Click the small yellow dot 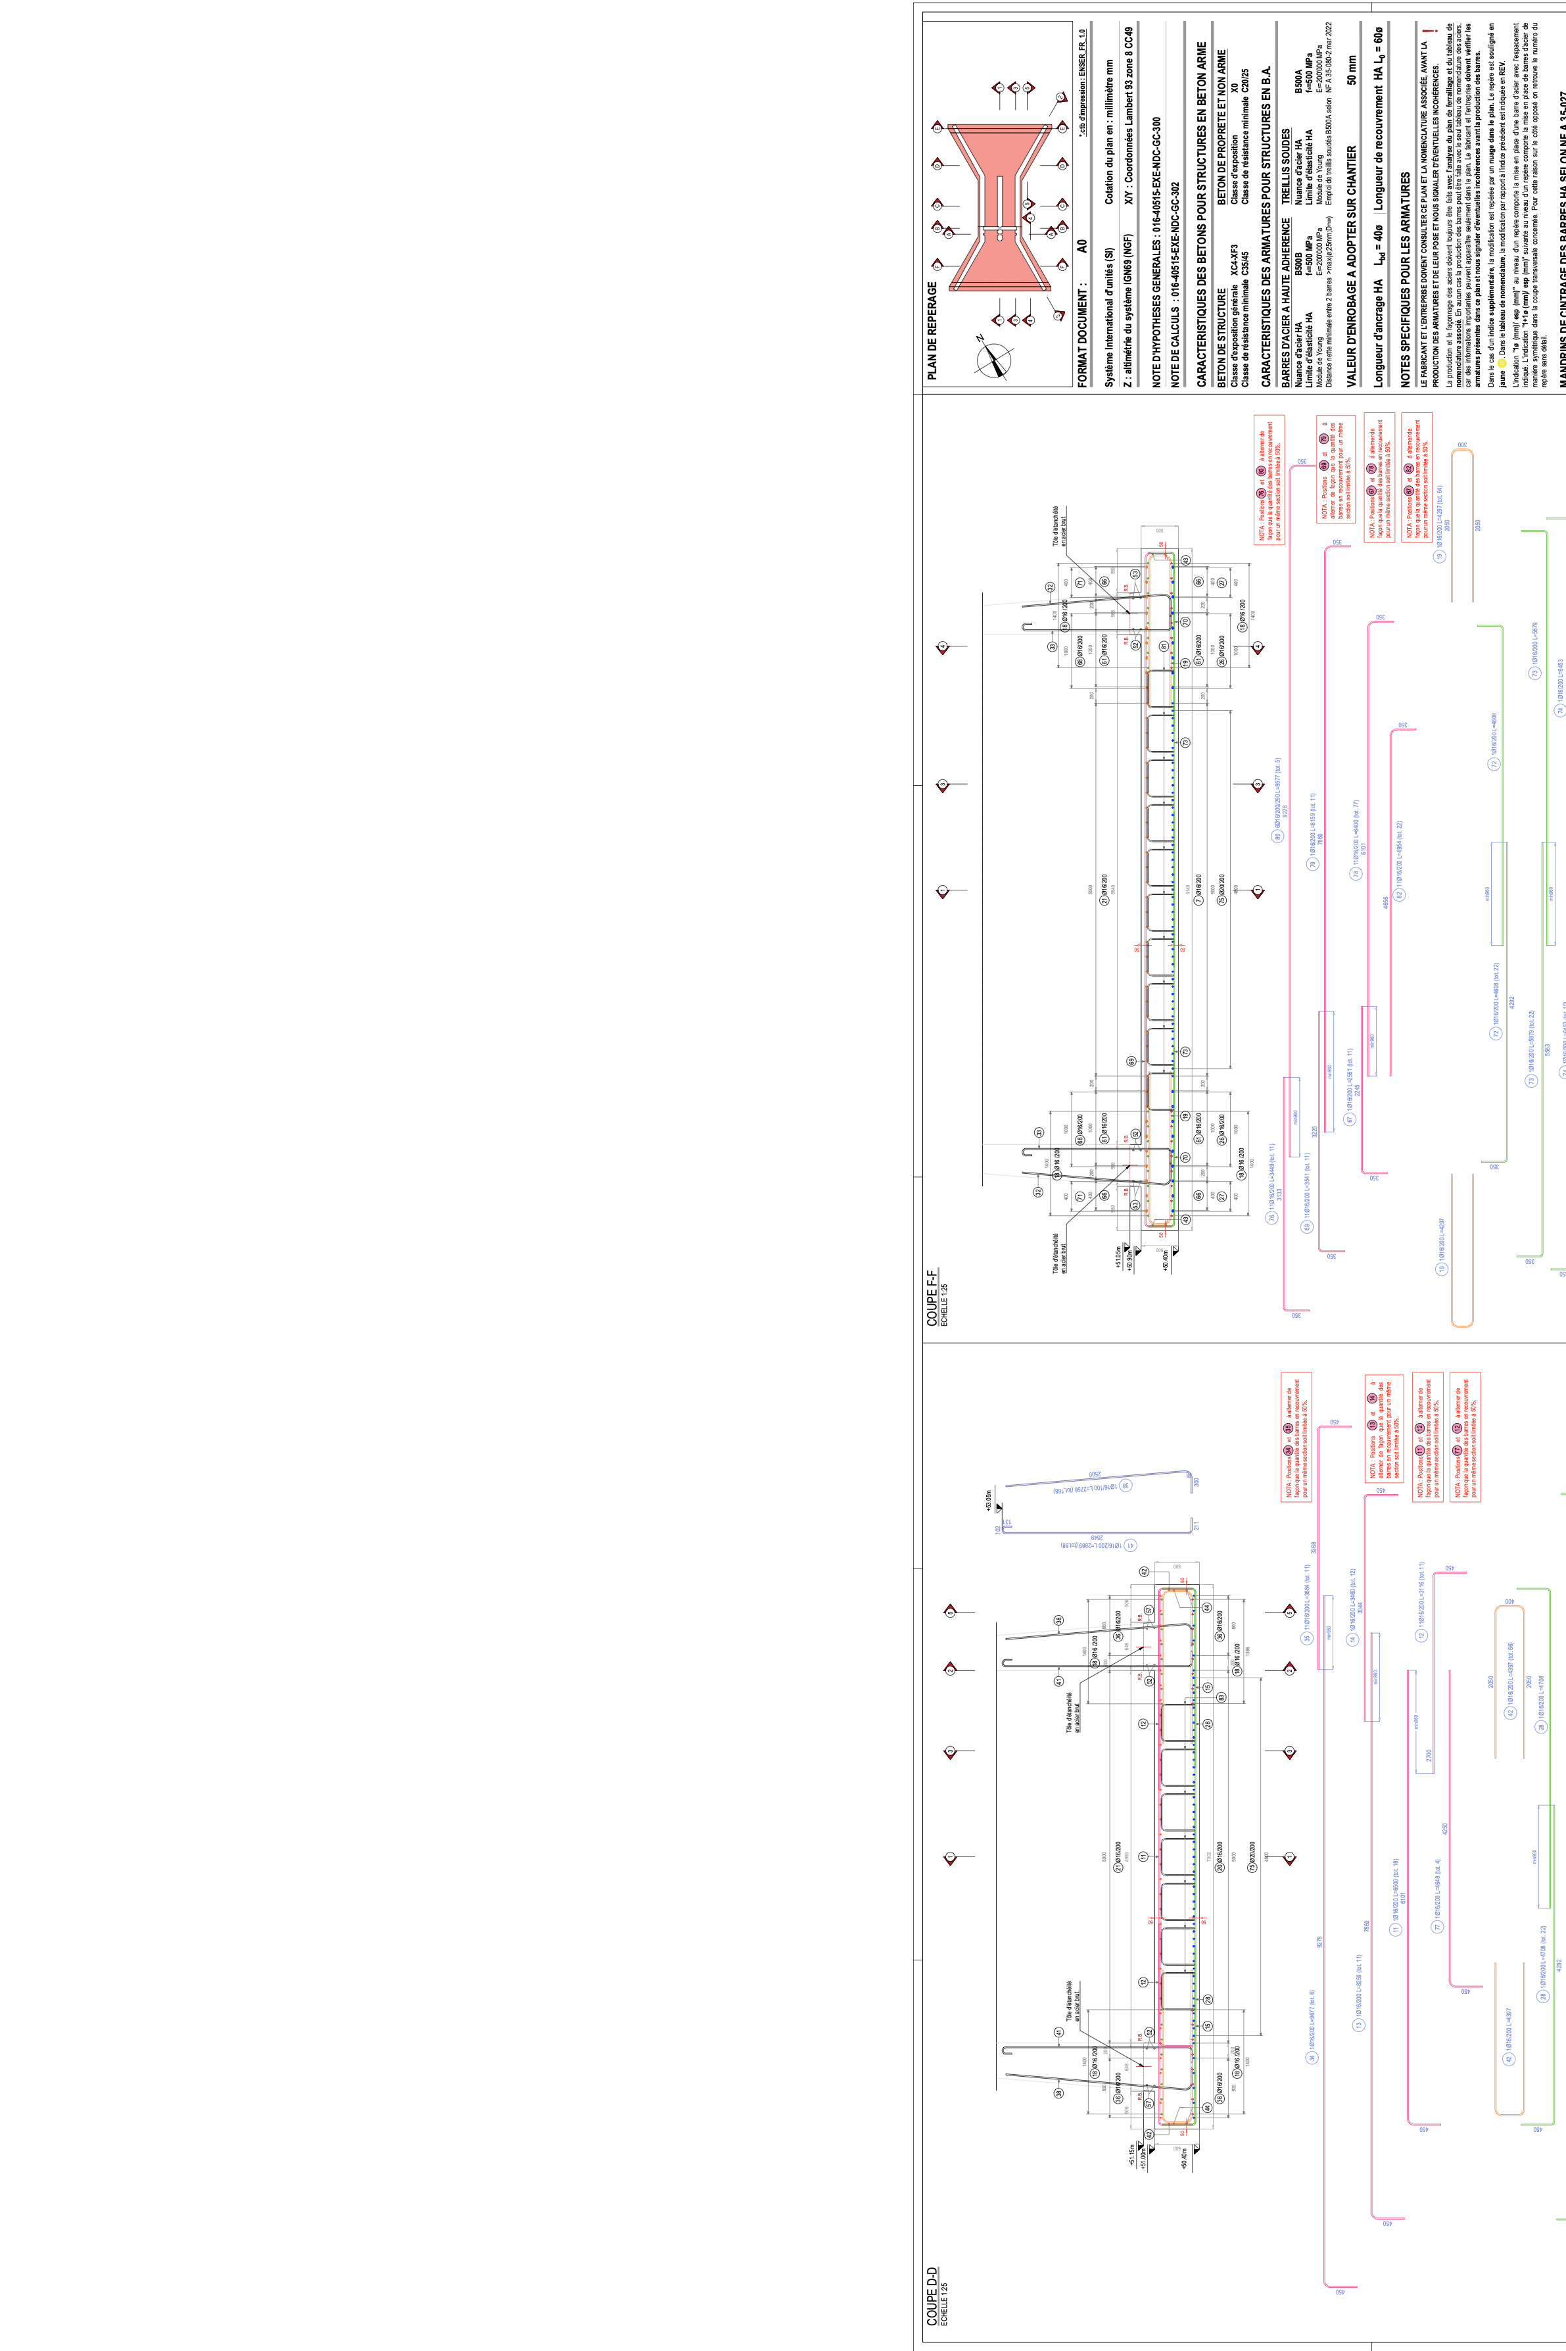pyautogui.click(x=1501, y=364)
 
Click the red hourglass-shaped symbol pyautogui.click(x=999, y=208)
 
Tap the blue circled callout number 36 pyautogui.click(x=1126, y=1485)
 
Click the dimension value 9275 pyautogui.click(x=1285, y=811)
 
